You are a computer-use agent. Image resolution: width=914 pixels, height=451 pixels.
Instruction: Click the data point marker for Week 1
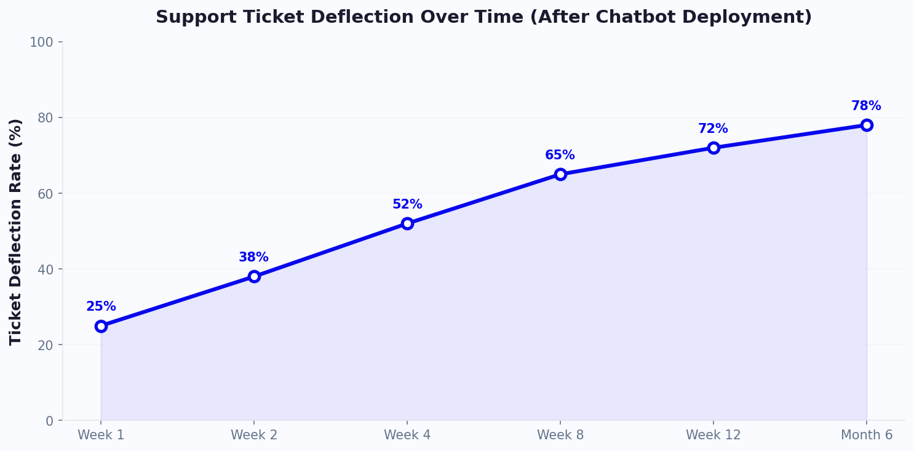click(x=101, y=326)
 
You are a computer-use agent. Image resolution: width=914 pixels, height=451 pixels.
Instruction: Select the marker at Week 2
click(x=254, y=276)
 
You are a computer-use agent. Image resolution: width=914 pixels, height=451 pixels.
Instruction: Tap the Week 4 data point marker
click(x=407, y=223)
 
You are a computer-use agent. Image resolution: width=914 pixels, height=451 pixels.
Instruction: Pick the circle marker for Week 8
click(x=560, y=174)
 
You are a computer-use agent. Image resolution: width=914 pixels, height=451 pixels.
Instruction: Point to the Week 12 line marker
click(x=713, y=148)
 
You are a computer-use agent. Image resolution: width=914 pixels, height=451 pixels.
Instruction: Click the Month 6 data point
click(x=867, y=125)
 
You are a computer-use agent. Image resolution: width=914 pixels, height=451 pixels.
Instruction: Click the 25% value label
click(x=101, y=306)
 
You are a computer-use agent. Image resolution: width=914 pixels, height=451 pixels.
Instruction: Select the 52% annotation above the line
click(x=407, y=204)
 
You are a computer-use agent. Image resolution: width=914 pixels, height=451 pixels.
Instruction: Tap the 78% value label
click(x=866, y=106)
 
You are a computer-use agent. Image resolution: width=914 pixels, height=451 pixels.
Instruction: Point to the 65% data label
click(x=560, y=155)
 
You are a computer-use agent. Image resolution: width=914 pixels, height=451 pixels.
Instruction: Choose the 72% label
click(x=713, y=129)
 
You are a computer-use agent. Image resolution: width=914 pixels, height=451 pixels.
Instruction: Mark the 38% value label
click(x=253, y=257)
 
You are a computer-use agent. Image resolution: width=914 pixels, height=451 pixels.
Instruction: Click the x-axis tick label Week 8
click(x=560, y=435)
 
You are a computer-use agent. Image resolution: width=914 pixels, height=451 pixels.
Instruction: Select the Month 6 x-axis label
click(x=867, y=435)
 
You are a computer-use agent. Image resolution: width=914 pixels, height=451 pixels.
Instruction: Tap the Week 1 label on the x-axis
click(x=101, y=435)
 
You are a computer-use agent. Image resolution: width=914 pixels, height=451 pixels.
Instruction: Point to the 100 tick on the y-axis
click(x=42, y=42)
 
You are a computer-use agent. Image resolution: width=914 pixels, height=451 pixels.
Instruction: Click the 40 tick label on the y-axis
click(x=46, y=269)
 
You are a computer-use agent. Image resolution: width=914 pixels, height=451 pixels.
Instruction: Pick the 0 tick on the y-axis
click(x=50, y=421)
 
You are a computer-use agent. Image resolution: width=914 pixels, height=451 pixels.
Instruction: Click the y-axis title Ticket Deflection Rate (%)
click(x=16, y=231)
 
